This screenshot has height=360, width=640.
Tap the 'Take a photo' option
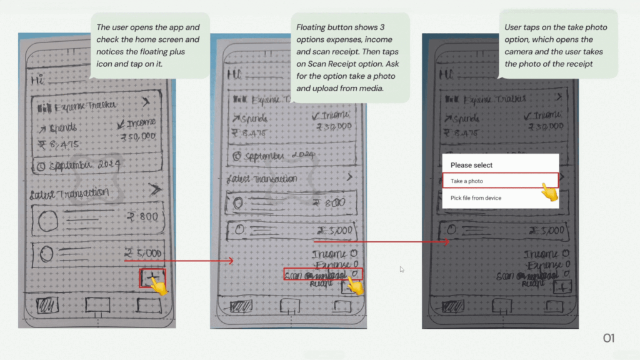point(466,181)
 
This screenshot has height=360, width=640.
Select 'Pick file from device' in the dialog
point(476,198)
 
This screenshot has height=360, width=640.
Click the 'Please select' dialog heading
point(471,165)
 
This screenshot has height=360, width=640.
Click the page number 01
point(609,338)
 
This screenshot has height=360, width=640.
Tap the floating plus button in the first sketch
point(152,277)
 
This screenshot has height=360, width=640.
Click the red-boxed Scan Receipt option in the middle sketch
point(322,275)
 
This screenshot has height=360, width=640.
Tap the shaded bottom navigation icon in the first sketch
point(47,305)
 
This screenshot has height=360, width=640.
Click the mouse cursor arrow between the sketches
point(402,269)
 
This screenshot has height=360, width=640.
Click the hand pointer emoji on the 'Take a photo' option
point(549,191)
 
